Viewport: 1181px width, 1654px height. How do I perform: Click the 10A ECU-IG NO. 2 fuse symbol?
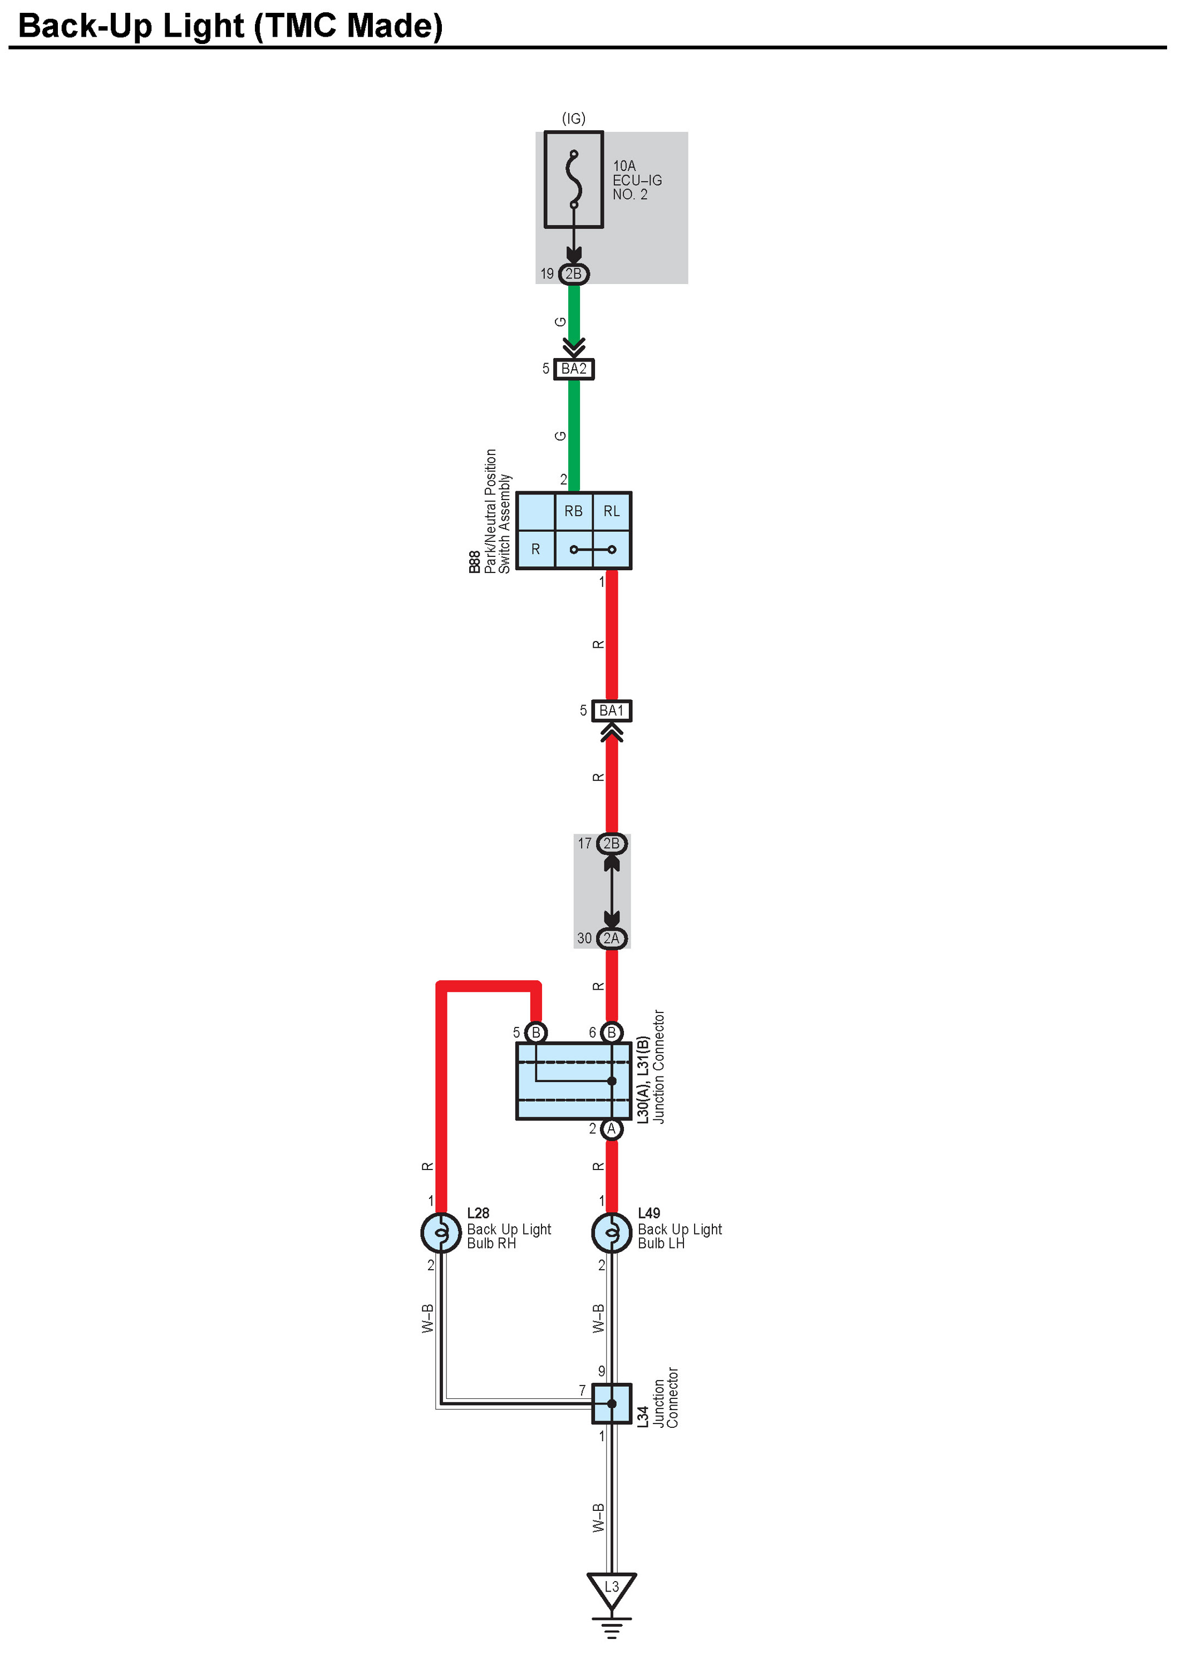point(573,180)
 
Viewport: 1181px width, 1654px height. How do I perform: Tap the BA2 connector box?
point(573,369)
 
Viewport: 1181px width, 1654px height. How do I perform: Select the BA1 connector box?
point(611,710)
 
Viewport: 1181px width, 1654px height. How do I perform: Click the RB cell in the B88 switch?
point(573,512)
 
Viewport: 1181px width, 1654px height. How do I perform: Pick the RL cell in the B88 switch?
point(612,512)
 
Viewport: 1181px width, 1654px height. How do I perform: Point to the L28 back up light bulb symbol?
point(441,1232)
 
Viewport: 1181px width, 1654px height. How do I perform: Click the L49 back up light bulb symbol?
point(612,1232)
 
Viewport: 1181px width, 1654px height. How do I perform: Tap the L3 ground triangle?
point(612,1588)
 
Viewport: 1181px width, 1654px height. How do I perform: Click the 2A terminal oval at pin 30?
point(611,939)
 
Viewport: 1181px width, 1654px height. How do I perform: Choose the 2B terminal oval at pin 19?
point(573,275)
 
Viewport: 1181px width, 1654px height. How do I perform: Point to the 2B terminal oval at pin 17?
point(611,843)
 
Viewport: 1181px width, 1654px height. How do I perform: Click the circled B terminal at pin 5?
point(536,1032)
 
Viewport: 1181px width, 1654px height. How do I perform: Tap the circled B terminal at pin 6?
point(612,1032)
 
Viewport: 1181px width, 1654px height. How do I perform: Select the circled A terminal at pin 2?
point(612,1129)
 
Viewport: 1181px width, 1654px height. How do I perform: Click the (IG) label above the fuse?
point(573,119)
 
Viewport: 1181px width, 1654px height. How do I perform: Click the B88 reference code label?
point(474,562)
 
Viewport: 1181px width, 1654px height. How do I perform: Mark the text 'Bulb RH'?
point(491,1244)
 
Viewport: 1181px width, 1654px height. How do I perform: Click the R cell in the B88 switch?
point(535,550)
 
